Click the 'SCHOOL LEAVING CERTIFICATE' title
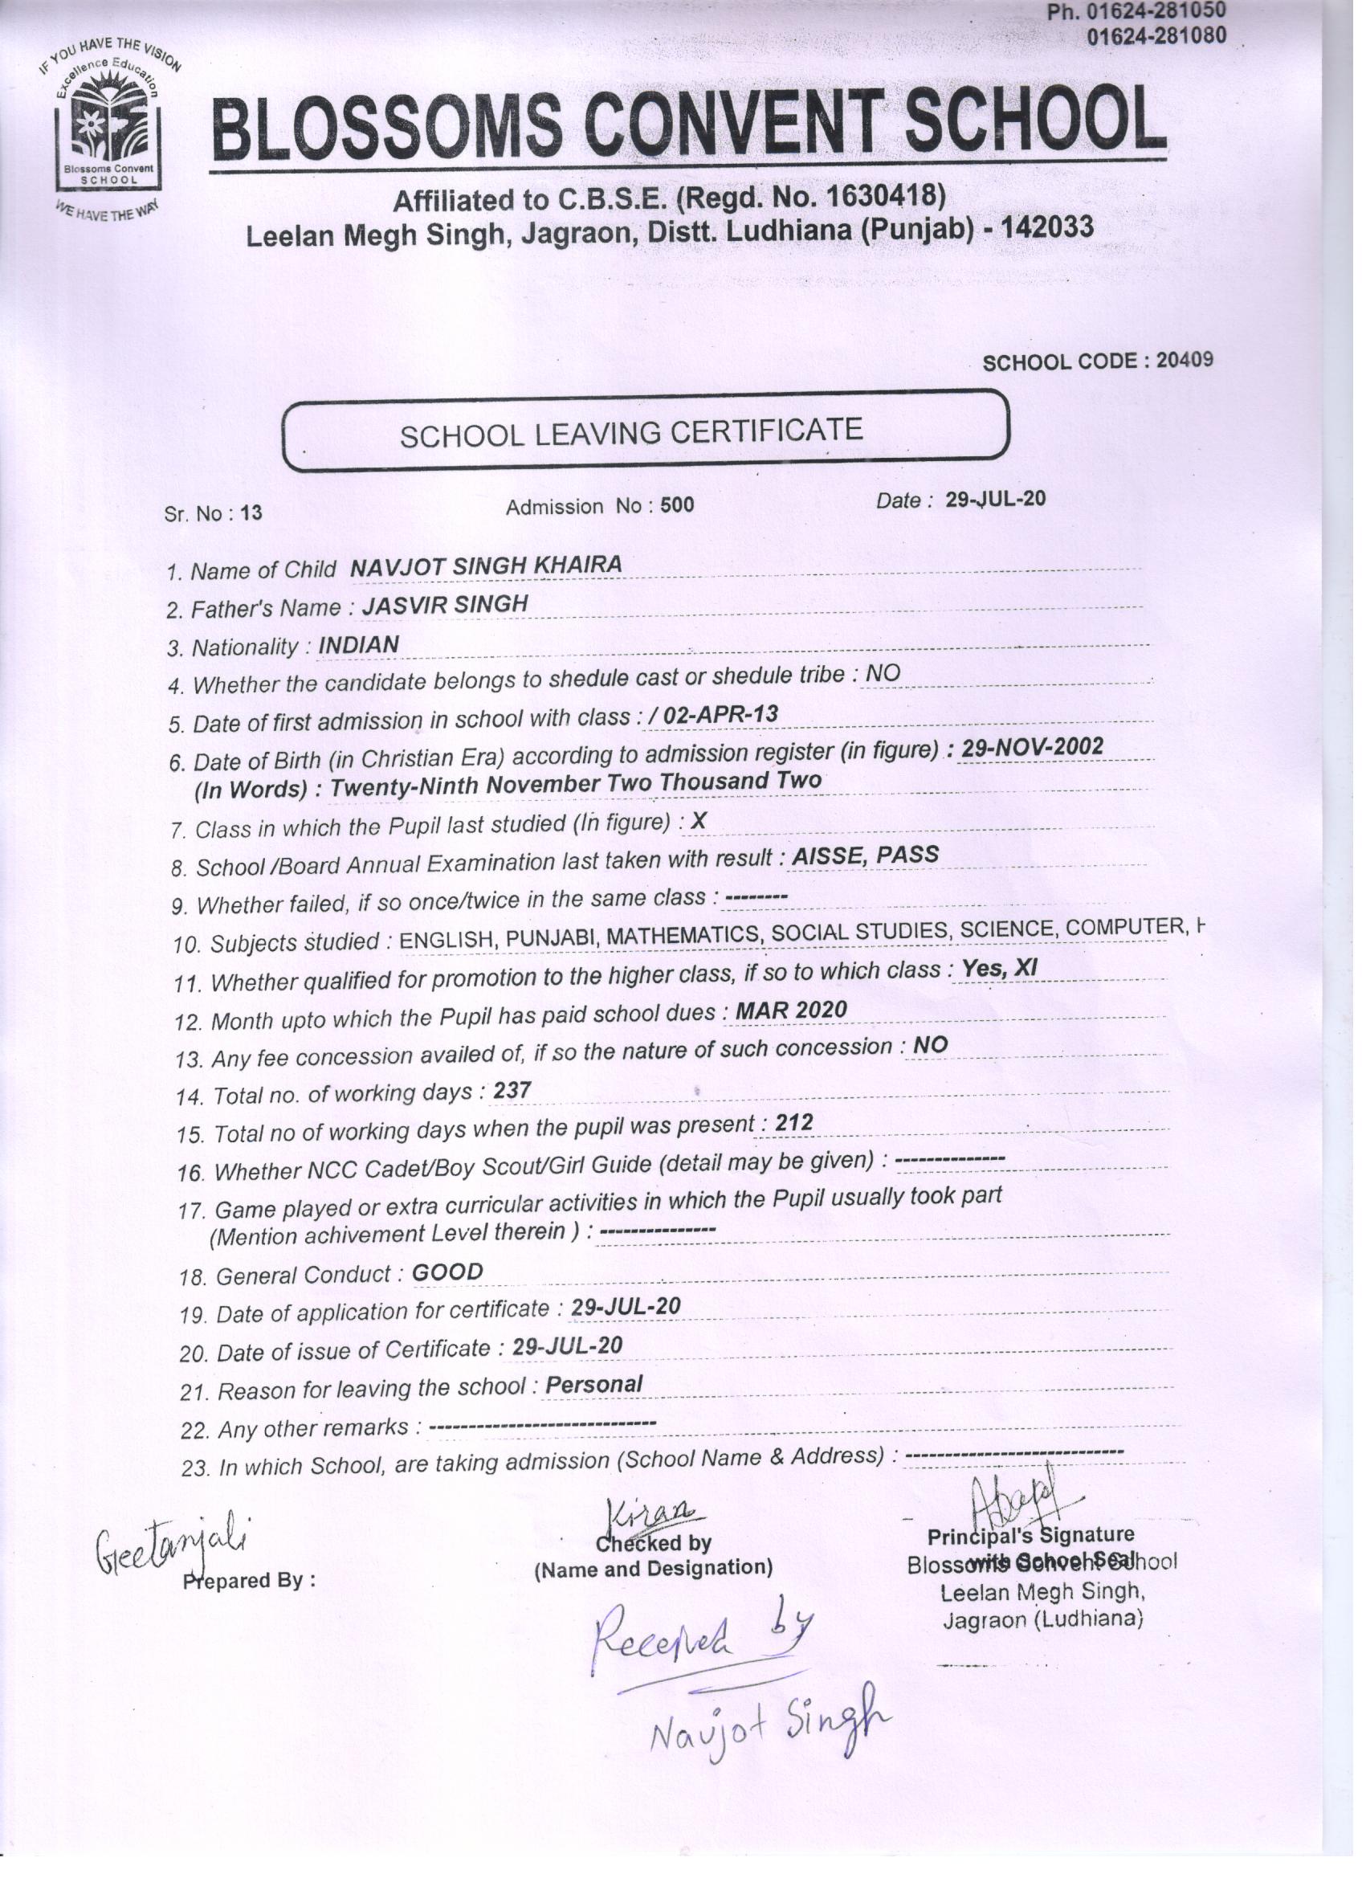click(631, 433)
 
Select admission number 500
click(677, 506)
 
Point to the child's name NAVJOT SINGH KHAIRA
click(485, 566)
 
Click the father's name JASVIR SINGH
click(445, 606)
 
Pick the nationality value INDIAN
click(358, 645)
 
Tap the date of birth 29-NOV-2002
click(1032, 748)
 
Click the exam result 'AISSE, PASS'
click(864, 855)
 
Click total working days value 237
click(512, 1092)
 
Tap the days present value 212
click(793, 1123)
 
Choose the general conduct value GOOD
click(447, 1272)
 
